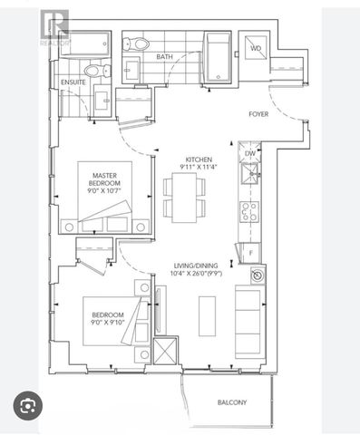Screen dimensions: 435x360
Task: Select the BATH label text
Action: (164, 56)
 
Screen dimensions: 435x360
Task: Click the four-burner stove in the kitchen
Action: (249, 211)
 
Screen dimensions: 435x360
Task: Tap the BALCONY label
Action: (232, 402)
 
